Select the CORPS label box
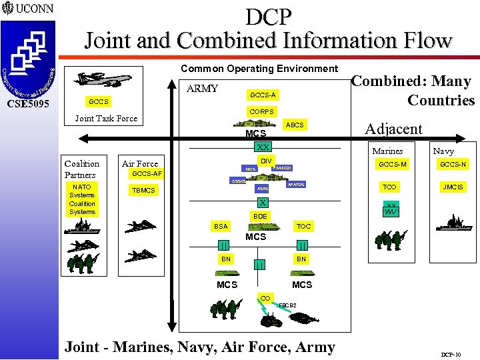tap(261, 111)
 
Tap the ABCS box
tap(294, 125)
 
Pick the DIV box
tap(265, 161)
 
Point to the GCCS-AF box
tap(147, 174)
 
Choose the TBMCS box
tap(143, 190)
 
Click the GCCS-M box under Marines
tap(392, 164)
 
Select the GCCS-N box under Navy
tap(453, 164)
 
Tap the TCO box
tap(389, 187)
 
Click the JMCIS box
tap(453, 187)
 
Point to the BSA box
tap(221, 227)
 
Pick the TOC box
tap(303, 227)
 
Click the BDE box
tap(260, 216)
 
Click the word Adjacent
tap(393, 129)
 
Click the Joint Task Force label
tap(106, 119)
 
